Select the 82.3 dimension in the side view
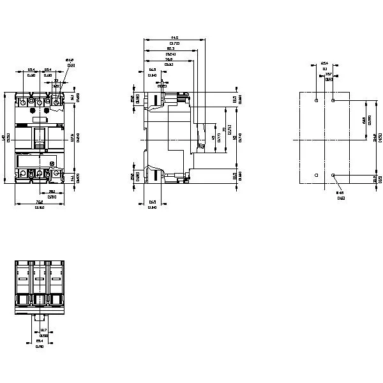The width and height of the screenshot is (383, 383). click(x=170, y=48)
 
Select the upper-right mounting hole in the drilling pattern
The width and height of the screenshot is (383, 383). click(x=333, y=100)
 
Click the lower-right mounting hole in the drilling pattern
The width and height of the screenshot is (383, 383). click(x=333, y=174)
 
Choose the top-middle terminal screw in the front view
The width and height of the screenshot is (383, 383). click(x=40, y=101)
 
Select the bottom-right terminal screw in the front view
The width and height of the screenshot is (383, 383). click(x=56, y=173)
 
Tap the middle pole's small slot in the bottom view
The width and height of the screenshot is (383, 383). click(x=40, y=279)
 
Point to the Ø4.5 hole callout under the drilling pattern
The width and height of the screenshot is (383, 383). click(x=340, y=193)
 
